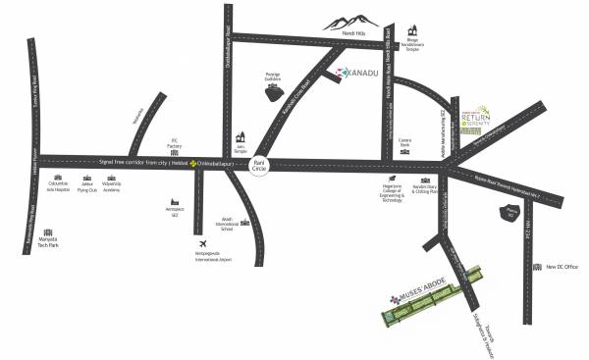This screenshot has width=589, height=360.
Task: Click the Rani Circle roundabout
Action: tap(260, 164)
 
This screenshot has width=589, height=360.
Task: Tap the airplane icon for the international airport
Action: tap(202, 242)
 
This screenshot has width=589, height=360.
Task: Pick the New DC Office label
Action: tap(563, 266)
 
